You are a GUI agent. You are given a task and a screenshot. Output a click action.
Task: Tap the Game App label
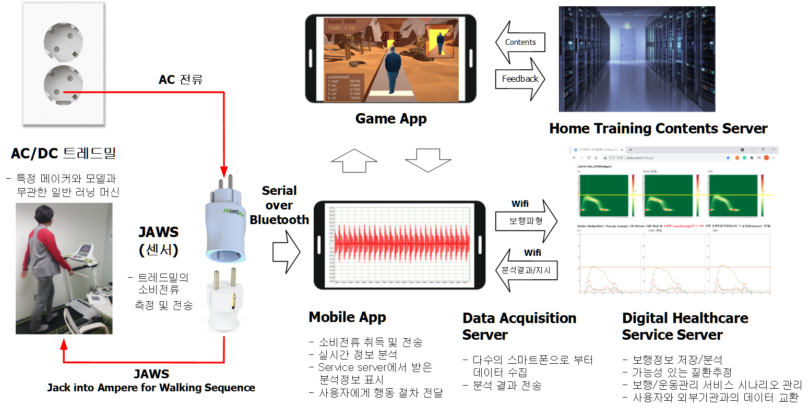pos(391,119)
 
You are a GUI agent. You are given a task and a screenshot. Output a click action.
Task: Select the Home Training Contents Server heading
pos(658,129)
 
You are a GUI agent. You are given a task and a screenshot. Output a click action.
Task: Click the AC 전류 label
pos(181,80)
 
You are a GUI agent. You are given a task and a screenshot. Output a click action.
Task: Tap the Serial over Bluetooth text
pos(279,205)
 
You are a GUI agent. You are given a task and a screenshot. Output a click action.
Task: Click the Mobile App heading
pos(347,317)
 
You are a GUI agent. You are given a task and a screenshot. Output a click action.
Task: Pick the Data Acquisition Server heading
pos(519,326)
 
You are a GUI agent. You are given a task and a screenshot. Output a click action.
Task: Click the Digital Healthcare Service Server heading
pos(685,326)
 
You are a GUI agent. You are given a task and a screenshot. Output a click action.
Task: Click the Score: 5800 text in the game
pos(342,21)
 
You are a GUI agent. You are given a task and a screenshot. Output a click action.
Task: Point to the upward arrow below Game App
pos(354,160)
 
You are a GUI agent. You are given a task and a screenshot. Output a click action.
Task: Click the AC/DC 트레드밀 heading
pos(64,153)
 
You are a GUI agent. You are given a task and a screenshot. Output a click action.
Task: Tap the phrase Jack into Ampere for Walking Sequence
pos(151,388)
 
